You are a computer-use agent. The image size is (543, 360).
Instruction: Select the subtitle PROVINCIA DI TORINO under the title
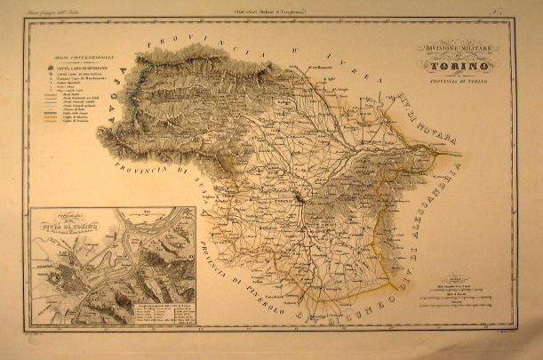(461, 80)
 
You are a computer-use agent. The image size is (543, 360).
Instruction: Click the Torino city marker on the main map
(300, 200)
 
